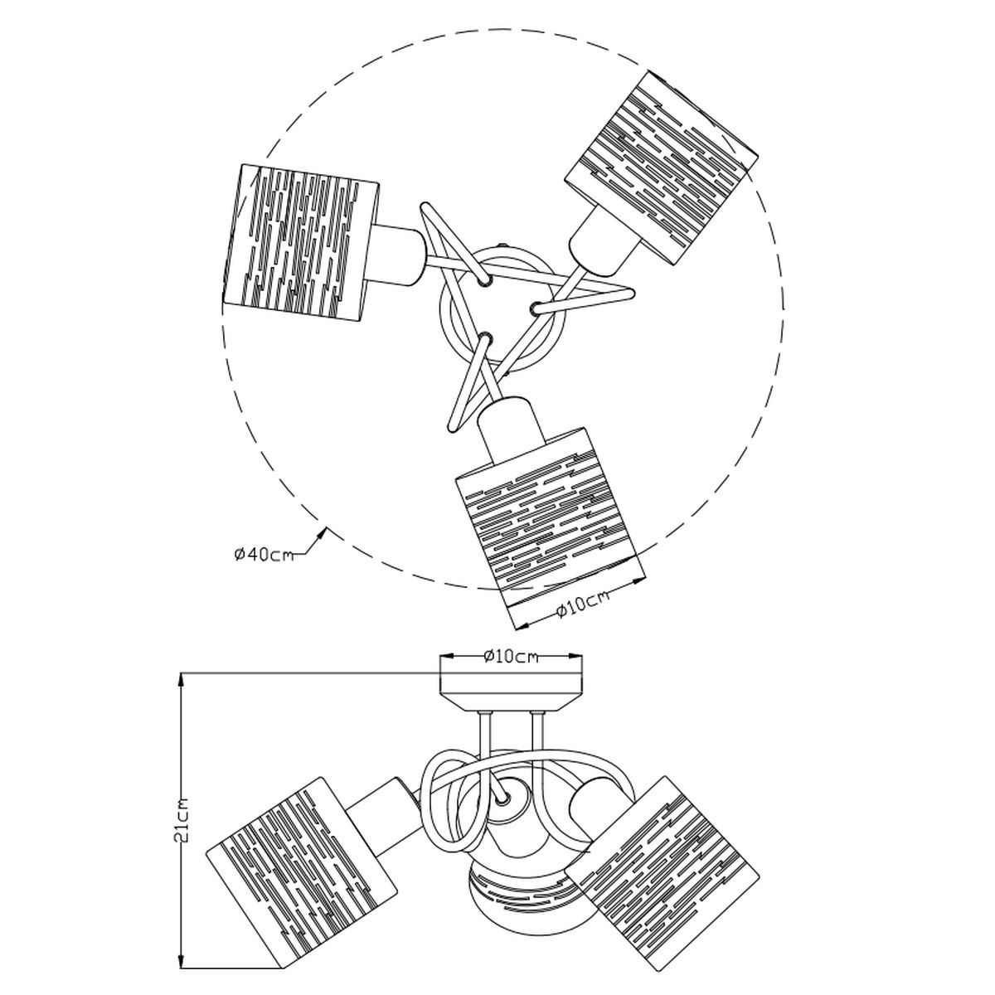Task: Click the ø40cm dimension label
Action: pos(264,555)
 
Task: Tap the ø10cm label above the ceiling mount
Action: pos(511,656)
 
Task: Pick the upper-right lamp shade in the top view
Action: pos(662,168)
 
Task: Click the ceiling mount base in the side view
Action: pos(511,692)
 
